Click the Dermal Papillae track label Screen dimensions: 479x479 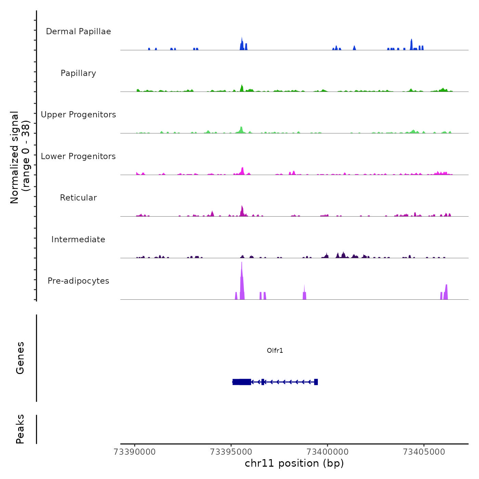pyautogui.click(x=78, y=31)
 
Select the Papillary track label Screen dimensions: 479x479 pyautogui.click(x=78, y=73)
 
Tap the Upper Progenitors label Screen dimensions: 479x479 pyautogui.click(x=78, y=115)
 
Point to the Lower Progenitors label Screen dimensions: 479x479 pyautogui.click(x=78, y=156)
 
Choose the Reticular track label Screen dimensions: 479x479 pyautogui.click(x=78, y=198)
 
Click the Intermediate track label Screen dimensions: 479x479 pyautogui.click(x=78, y=239)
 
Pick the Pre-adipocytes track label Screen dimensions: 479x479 pyautogui.click(x=78, y=281)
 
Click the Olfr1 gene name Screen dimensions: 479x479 pyautogui.click(x=275, y=351)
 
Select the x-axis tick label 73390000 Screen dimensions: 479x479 pyautogui.click(x=134, y=452)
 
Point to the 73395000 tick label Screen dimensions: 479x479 pyautogui.click(x=231, y=452)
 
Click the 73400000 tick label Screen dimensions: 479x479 pyautogui.click(x=327, y=452)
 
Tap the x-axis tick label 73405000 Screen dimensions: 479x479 pyautogui.click(x=424, y=452)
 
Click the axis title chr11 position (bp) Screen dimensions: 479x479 pyautogui.click(x=294, y=464)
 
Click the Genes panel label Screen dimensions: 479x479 pyautogui.click(x=20, y=358)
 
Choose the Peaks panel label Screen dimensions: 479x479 pyautogui.click(x=20, y=429)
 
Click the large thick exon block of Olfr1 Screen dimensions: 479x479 pyautogui.click(x=242, y=382)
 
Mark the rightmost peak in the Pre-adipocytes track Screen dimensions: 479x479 pyautogui.click(x=446, y=293)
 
